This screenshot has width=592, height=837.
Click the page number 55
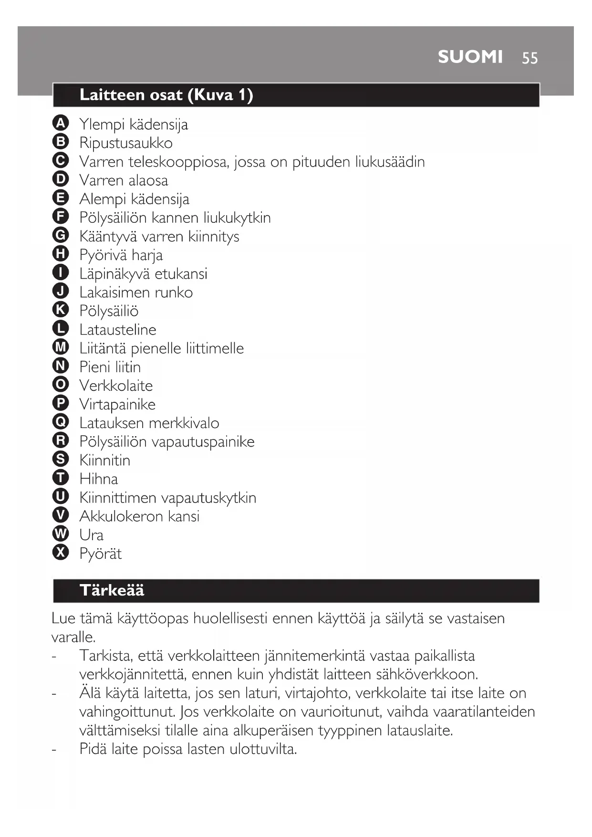[530, 58]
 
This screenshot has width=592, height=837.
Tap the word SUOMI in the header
[470, 57]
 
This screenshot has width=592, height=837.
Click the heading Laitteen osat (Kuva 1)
[166, 94]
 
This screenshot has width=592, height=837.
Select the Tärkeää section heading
[112, 590]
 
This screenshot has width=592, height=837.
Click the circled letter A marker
[61, 123]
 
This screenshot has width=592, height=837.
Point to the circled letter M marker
[61, 347]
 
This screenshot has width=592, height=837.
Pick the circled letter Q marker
[61, 422]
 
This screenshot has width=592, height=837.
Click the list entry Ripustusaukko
[126, 143]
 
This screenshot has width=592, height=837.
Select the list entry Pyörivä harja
[121, 255]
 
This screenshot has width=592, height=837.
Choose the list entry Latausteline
[117, 330]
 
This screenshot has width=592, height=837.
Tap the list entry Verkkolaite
[116, 386]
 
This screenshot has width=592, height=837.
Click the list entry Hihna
[98, 479]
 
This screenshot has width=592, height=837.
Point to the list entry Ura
[91, 535]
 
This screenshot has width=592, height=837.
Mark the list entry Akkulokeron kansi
[139, 516]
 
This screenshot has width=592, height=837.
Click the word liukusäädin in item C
[390, 162]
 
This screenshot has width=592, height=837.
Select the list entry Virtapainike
[117, 404]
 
